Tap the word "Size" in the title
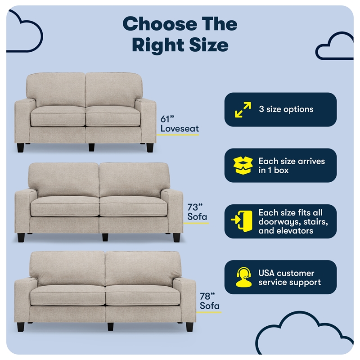(x=209, y=45)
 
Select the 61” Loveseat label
(x=179, y=124)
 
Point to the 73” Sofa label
(x=197, y=212)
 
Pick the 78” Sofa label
(x=210, y=301)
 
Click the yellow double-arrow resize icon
(x=243, y=110)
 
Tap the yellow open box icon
(x=243, y=166)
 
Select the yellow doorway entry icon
(x=242, y=221)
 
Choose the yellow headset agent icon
(x=243, y=277)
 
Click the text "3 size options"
(x=286, y=109)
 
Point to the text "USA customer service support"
(x=289, y=278)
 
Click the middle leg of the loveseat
(x=91, y=147)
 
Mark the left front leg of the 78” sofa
(x=21, y=327)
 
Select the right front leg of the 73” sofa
(x=176, y=238)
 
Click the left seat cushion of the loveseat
(x=58, y=116)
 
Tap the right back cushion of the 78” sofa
(x=143, y=269)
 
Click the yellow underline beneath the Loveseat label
(x=178, y=135)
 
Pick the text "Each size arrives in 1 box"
(x=292, y=166)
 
